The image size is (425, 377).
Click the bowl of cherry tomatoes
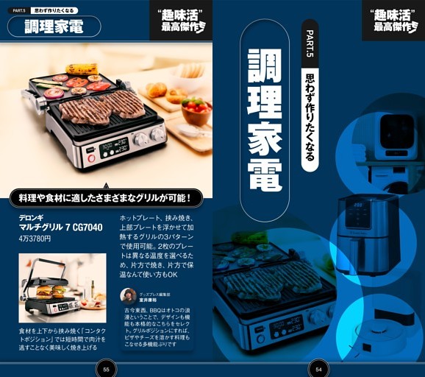coord(196,108)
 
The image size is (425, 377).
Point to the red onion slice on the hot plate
coord(54,93)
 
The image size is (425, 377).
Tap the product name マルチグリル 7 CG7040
coord(60,228)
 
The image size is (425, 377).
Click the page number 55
coord(107,369)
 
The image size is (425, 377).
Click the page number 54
coord(318,369)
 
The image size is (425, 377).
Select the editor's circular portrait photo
coord(129,296)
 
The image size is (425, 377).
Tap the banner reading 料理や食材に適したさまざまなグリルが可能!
coord(105,197)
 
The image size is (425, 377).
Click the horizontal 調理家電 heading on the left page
coord(54,27)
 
